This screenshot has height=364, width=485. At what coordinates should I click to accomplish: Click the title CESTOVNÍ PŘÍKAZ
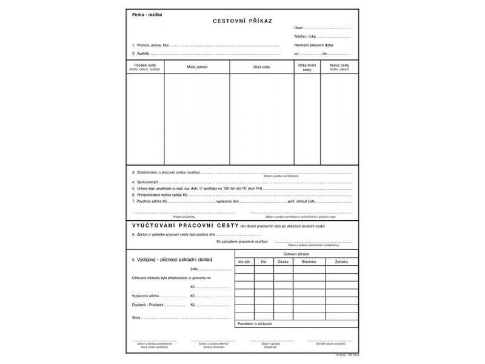click(x=242, y=21)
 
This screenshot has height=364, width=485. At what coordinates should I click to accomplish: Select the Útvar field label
click(x=298, y=28)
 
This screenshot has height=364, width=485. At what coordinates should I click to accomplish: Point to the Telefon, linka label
click(x=306, y=37)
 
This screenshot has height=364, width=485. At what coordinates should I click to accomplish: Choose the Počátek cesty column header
click(x=145, y=66)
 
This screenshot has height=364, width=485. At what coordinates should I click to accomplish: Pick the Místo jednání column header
click(x=196, y=66)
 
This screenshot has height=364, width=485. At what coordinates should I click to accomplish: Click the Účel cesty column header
click(x=262, y=66)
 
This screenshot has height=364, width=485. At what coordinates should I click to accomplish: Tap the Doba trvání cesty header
click(x=307, y=67)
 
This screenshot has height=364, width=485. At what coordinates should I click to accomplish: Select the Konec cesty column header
click(x=339, y=66)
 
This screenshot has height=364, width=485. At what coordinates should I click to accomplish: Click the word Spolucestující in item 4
click(x=147, y=181)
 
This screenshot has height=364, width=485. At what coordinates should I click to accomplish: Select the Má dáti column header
click(x=244, y=261)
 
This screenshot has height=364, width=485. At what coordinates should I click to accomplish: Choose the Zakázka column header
click(x=342, y=261)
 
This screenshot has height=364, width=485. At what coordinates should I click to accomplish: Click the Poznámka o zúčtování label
click(x=256, y=323)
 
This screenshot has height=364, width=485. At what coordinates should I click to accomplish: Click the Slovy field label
click(x=137, y=317)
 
